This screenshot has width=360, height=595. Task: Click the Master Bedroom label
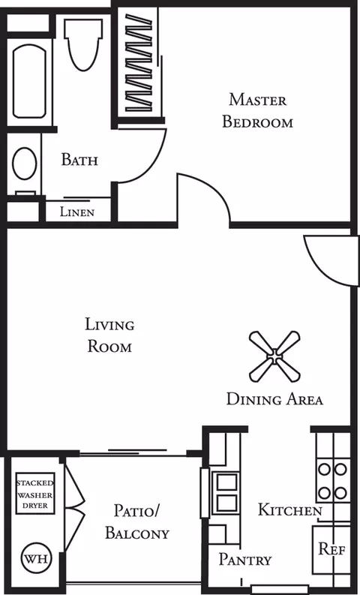click(x=257, y=111)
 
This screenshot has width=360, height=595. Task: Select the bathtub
click(x=29, y=81)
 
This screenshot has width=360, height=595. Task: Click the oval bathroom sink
click(x=24, y=163)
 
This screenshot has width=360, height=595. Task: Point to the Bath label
click(x=79, y=160)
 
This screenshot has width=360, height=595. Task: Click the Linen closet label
click(x=77, y=212)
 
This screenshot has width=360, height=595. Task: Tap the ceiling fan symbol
click(x=274, y=356)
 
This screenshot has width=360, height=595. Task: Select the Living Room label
click(x=109, y=336)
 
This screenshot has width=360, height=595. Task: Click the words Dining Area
click(x=274, y=399)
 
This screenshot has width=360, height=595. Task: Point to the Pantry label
click(x=245, y=559)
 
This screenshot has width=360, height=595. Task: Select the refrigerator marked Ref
click(x=331, y=549)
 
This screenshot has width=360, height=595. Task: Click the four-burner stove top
click(x=333, y=481)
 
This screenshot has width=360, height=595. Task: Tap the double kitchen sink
click(x=226, y=492)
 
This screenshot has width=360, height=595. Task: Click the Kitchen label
click(x=290, y=509)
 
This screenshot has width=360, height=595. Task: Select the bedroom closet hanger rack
click(x=139, y=63)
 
